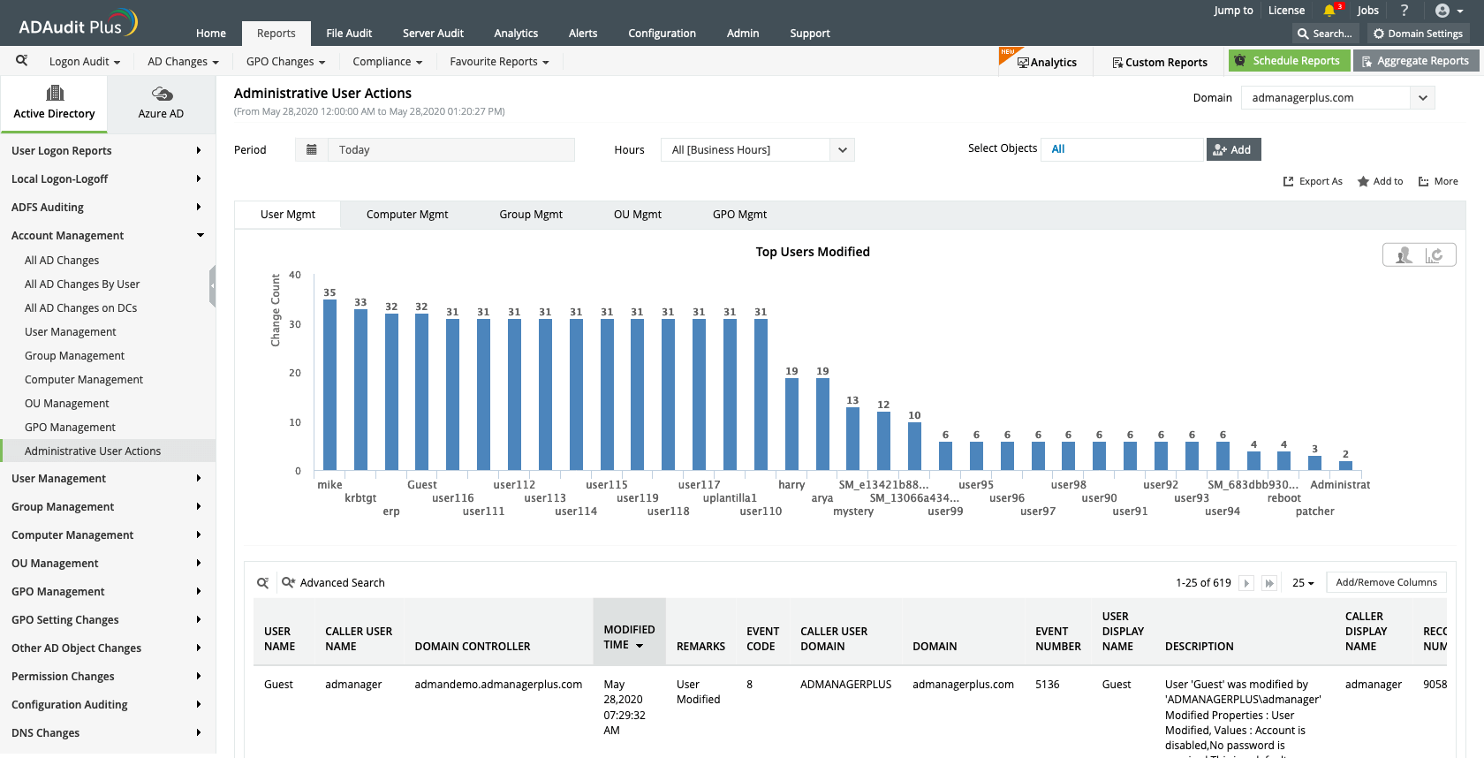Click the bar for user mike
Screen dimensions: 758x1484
(329, 384)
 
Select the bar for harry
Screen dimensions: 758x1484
(791, 424)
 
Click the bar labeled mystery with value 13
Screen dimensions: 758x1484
(852, 438)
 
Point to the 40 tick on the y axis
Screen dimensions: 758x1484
(295, 276)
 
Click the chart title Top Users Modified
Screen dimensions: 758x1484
(812, 252)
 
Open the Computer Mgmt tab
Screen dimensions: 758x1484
(407, 215)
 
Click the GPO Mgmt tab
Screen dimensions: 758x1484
(739, 215)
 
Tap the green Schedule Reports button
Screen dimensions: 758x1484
(1289, 61)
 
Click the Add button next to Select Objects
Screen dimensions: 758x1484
(1233, 150)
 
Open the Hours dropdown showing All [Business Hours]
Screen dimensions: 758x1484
(757, 150)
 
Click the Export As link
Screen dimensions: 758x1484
(1313, 182)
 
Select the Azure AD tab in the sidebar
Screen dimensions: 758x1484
(161, 103)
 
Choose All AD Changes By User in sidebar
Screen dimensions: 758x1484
(82, 284)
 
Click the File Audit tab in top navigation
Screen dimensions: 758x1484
(349, 34)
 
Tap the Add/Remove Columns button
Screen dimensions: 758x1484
(1385, 583)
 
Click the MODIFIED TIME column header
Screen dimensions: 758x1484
(629, 637)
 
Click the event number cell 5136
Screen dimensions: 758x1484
(1047, 685)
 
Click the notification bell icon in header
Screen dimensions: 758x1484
(1329, 11)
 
